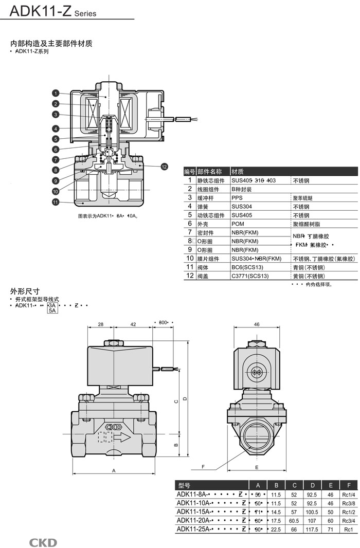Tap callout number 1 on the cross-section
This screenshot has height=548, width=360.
(x=55, y=93)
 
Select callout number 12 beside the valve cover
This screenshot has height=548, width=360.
(x=164, y=166)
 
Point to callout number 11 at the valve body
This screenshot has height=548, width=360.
(x=55, y=202)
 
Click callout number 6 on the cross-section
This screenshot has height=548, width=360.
(x=55, y=149)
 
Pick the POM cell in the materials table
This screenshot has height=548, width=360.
(x=238, y=224)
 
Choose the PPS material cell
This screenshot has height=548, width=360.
(x=237, y=198)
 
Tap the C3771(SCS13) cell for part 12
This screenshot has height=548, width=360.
(x=250, y=276)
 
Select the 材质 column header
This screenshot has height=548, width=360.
(x=237, y=171)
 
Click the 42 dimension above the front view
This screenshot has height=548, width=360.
(x=133, y=324)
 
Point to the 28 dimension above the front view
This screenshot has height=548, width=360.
(x=101, y=324)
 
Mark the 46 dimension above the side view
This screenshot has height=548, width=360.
(x=257, y=324)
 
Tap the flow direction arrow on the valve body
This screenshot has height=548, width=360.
(x=122, y=438)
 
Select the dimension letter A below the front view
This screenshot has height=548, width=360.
(x=114, y=470)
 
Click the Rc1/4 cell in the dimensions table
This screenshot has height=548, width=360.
(x=349, y=494)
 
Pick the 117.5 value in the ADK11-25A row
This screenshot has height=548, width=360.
(x=312, y=529)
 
